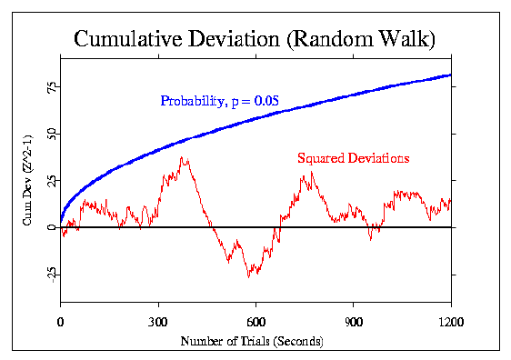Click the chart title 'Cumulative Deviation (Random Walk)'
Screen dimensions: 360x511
click(255, 39)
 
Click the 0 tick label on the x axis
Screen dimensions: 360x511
click(60, 321)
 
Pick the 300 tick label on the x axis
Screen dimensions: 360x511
click(158, 321)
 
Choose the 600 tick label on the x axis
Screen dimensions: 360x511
click(255, 321)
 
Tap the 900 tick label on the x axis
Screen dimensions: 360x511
click(354, 321)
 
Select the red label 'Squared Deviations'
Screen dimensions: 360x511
click(353, 158)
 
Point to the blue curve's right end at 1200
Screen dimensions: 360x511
click(451, 75)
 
